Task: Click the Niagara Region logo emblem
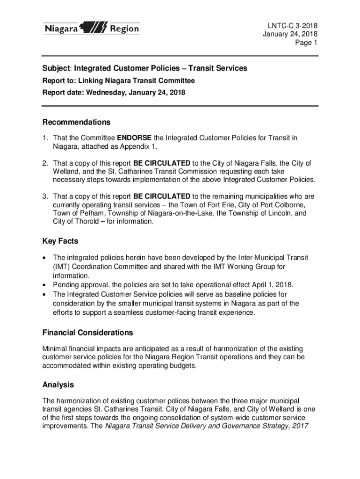[95, 29]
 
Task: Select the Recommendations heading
[76, 123]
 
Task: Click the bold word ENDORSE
[134, 138]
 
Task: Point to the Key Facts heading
[60, 241]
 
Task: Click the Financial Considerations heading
[87, 333]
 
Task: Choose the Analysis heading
[58, 385]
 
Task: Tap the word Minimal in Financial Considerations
[56, 349]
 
